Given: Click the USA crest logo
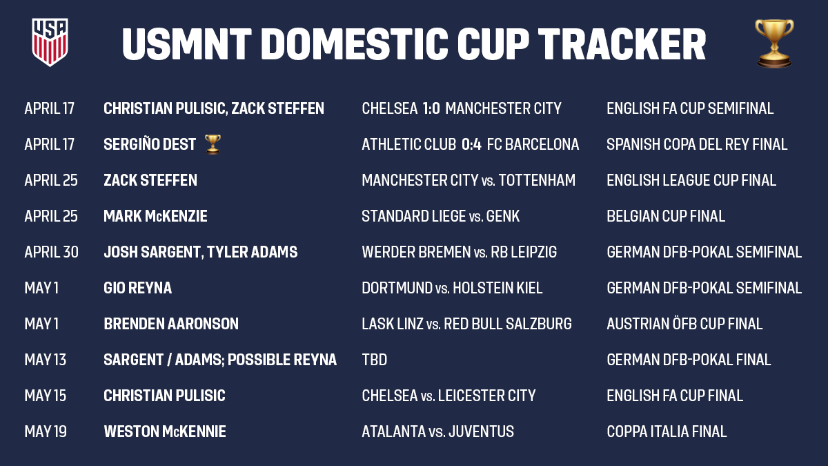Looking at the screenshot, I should tap(50, 42).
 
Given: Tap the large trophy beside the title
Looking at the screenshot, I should tap(774, 43).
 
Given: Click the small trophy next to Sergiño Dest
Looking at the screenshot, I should tap(213, 144).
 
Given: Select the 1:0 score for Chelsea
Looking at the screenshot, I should tap(431, 108).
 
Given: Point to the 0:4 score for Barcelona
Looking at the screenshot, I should tap(471, 144).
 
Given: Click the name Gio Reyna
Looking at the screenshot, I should tap(137, 288).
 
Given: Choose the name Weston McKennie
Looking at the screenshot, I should tap(164, 431).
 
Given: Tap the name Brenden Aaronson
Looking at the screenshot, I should tap(170, 324).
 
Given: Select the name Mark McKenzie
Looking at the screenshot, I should tap(155, 216).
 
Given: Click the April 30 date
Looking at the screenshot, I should tap(51, 252).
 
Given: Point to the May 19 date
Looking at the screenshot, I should tap(46, 431).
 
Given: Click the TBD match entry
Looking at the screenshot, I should tap(374, 360).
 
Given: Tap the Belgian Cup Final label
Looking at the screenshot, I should tap(666, 216).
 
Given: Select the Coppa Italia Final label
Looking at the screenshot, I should tap(667, 431).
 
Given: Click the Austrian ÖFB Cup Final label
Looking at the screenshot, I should tap(684, 324).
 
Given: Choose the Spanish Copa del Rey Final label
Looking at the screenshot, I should tap(697, 144).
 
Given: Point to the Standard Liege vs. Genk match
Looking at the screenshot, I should tap(440, 216).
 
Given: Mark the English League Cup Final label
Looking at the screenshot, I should tap(691, 180).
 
